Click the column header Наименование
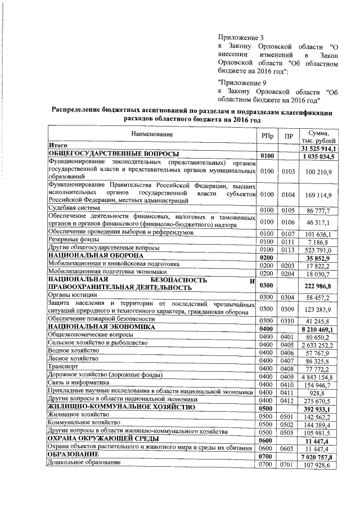tap(152, 134)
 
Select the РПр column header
tap(268, 137)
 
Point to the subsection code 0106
tap(289, 223)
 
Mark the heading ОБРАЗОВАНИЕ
tap(73, 454)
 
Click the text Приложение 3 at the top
tap(240, 37)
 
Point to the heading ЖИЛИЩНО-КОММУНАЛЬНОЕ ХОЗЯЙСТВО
tap(121, 406)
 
